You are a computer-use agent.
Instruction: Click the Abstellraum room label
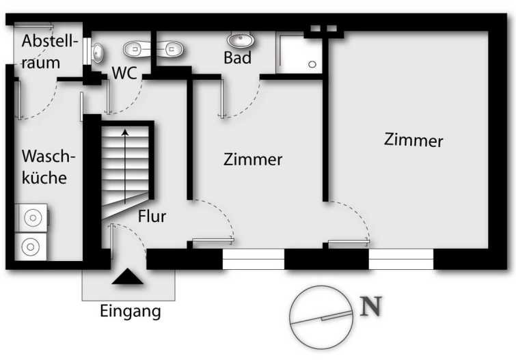(x=50, y=52)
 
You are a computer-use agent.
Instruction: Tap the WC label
(x=124, y=73)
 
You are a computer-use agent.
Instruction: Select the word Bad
(x=237, y=57)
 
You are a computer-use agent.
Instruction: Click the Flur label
(x=152, y=216)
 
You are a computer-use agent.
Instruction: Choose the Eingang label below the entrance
(x=131, y=311)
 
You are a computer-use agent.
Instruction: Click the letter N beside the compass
(x=371, y=306)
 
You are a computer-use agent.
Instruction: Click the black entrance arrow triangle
(x=128, y=277)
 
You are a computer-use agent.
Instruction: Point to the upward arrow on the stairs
(x=125, y=167)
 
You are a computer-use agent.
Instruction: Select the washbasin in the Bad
(x=241, y=40)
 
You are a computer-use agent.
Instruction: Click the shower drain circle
(x=312, y=64)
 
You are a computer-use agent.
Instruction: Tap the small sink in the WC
(x=98, y=53)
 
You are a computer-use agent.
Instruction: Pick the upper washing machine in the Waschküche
(x=32, y=218)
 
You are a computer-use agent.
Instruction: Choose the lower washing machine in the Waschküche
(x=31, y=247)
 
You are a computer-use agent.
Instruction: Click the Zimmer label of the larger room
(x=413, y=140)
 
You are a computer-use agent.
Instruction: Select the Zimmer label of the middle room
(x=253, y=160)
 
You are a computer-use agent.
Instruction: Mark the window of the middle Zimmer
(x=254, y=259)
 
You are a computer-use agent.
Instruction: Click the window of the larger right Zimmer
(x=401, y=259)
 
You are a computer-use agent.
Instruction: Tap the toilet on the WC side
(x=137, y=49)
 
